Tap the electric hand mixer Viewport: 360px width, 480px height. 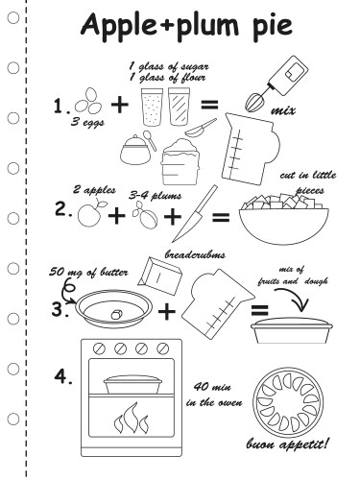tap(277, 84)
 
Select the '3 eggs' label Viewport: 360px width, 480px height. tap(87, 122)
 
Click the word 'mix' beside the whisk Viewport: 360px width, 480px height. tap(283, 111)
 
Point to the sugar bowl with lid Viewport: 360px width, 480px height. tap(135, 150)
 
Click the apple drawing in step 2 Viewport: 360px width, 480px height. tap(91, 214)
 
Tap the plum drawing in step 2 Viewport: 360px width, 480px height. tap(146, 215)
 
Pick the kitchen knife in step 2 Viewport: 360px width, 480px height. tap(195, 213)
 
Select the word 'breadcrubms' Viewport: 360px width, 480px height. tap(195, 254)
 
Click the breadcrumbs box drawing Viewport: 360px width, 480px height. tap(160, 276)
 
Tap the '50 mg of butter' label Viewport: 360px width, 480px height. tap(88, 273)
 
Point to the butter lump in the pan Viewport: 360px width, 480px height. tap(116, 315)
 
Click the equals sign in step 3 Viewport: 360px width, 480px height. tap(259, 310)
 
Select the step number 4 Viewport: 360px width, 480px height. tap(63, 376)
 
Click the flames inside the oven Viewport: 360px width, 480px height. tap(132, 419)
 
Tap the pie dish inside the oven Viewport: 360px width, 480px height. tap(132, 384)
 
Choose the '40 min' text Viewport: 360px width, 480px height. tap(212, 387)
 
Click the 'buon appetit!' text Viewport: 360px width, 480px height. tap(287, 444)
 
